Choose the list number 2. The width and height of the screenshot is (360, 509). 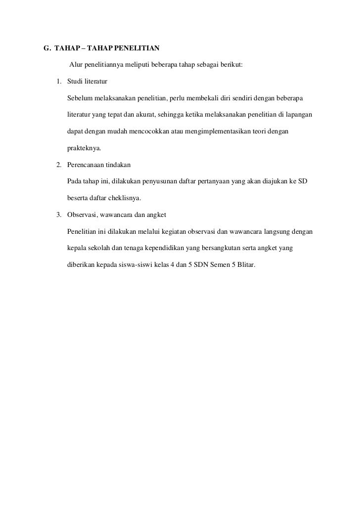58,165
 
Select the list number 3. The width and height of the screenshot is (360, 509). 58,214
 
